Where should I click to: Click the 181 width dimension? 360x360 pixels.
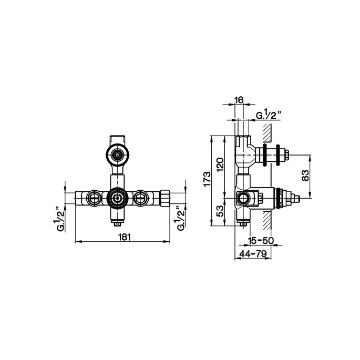(x=125, y=237)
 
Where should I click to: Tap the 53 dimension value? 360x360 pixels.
(x=220, y=211)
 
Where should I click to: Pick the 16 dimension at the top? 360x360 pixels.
(x=239, y=99)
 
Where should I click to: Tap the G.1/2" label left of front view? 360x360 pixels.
(x=61, y=220)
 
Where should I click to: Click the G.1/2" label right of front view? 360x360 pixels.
(x=181, y=220)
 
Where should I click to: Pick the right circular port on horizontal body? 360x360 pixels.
(x=140, y=198)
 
